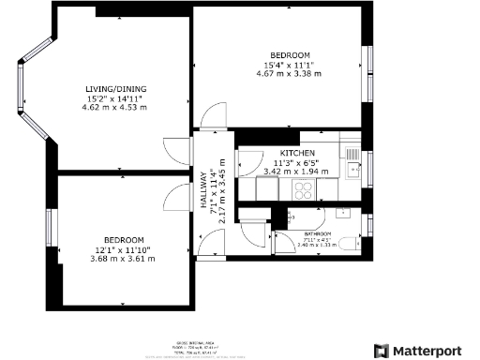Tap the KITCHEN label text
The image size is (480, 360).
click(296, 153)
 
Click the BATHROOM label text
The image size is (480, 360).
click(318, 234)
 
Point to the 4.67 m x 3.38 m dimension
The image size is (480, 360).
click(290, 73)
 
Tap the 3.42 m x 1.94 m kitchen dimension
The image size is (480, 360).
click(296, 172)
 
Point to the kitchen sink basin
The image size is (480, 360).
click(352, 170)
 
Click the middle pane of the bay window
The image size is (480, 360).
click(20, 88)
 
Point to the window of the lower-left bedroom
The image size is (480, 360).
click(52, 231)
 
